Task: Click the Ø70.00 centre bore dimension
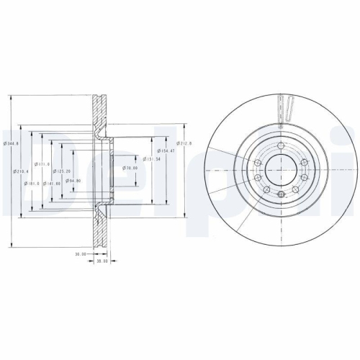point(130,168)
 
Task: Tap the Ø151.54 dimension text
point(150,160)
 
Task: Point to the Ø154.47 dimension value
point(167,152)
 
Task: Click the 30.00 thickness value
point(80,253)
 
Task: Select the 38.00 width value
point(102,261)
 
